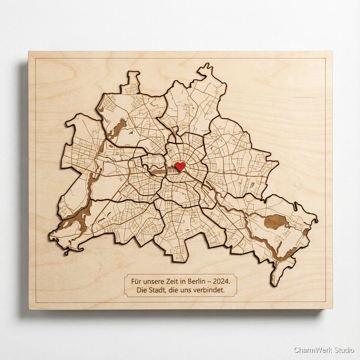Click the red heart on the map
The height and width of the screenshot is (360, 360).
180,166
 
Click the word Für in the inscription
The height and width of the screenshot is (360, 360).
136,282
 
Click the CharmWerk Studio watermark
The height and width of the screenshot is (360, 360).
324,350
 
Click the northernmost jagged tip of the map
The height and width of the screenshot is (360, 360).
206,65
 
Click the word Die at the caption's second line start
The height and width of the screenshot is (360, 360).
141,290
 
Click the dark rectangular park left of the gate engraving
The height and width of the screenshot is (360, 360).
158,172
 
